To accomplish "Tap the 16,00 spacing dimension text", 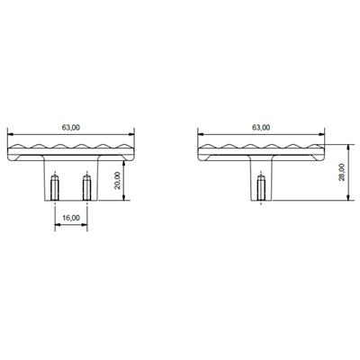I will (72, 217).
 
